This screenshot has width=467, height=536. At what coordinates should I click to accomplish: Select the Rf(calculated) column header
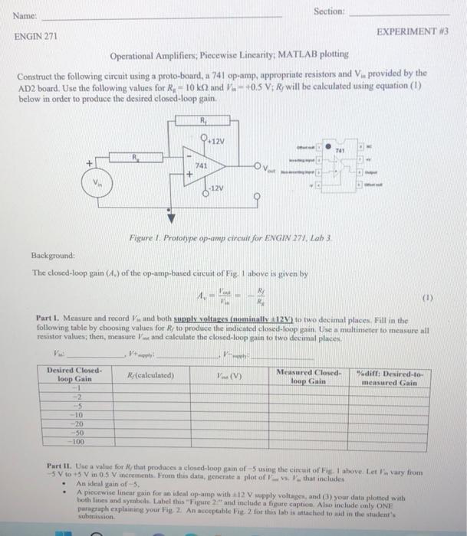pos(151,375)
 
